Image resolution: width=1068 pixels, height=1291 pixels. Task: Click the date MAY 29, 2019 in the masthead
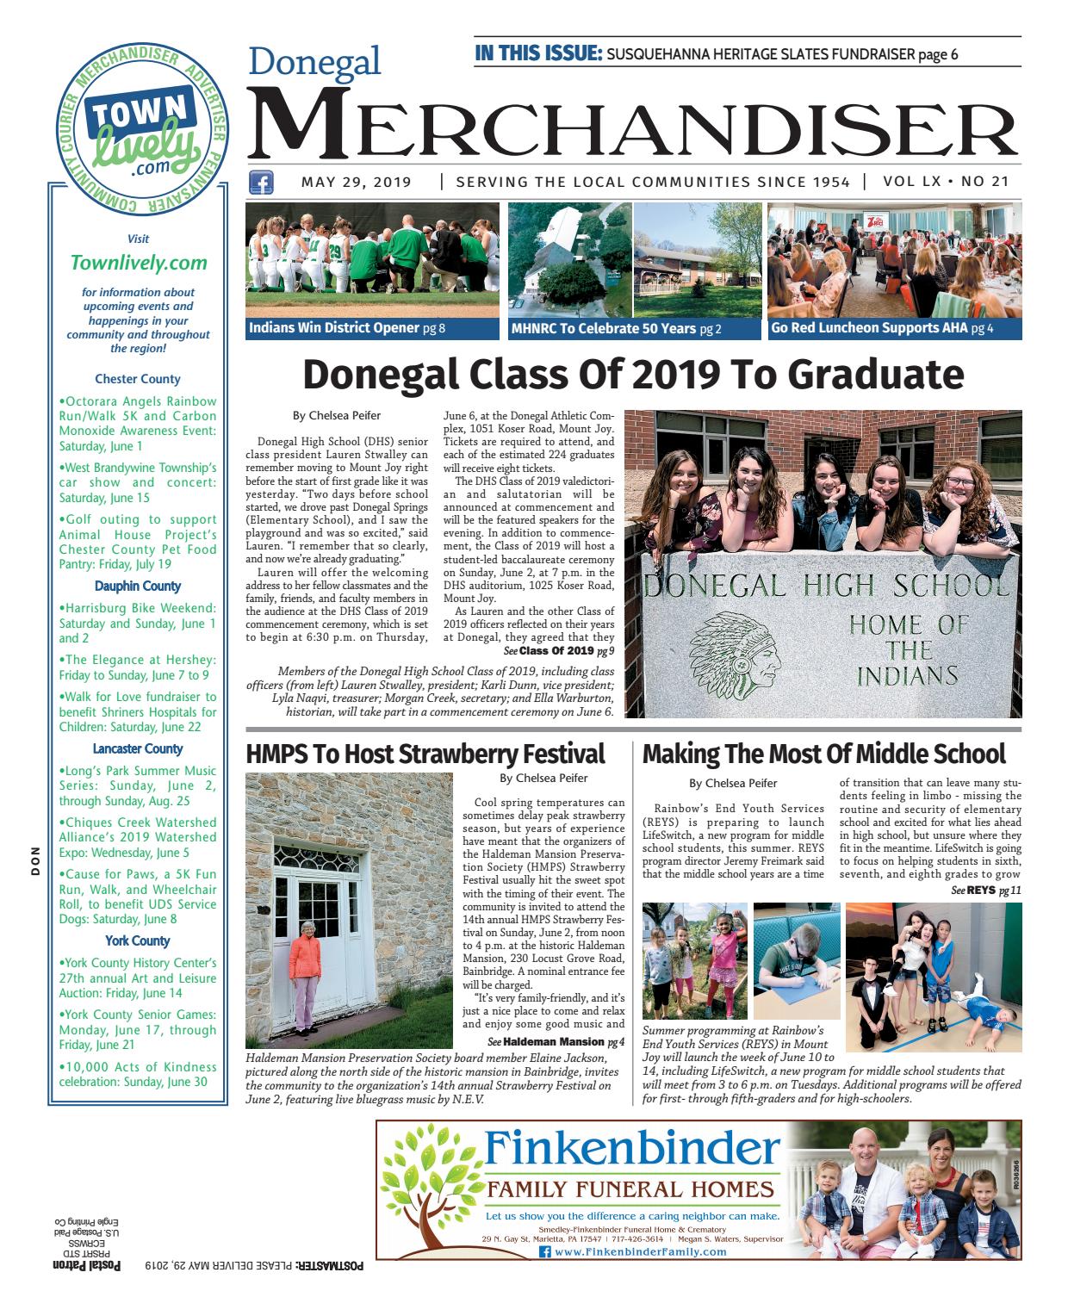(356, 183)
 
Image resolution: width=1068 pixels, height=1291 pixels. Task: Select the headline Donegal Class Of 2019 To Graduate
(633, 375)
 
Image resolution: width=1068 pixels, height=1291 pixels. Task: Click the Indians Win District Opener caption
(346, 328)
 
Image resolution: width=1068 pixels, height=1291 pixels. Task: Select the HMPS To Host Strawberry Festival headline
(425, 754)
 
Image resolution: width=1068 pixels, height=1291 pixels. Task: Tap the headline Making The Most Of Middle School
(823, 754)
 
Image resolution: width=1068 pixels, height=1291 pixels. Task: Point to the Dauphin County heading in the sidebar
(138, 586)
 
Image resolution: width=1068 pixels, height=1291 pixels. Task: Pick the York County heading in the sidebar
(138, 940)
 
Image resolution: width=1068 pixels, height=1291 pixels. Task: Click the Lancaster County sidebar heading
(138, 748)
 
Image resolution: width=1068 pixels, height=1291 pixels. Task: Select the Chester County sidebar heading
(138, 378)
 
